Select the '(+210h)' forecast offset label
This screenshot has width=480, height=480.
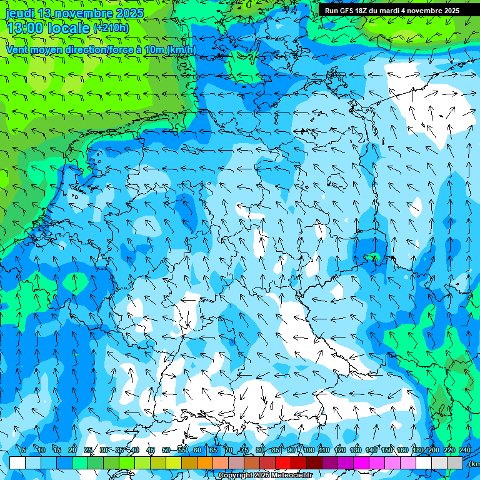[111, 28]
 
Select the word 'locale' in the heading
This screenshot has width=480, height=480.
[67, 28]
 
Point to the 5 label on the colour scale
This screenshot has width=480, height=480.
[24, 450]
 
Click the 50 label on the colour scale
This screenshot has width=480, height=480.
[166, 450]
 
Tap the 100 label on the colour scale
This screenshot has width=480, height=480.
[308, 450]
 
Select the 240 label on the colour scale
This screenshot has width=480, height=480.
[465, 450]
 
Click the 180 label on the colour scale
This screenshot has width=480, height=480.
[417, 450]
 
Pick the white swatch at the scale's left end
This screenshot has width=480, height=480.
[17, 462]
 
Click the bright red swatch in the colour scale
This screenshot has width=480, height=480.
[282, 462]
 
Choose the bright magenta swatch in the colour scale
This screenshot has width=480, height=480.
[361, 462]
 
